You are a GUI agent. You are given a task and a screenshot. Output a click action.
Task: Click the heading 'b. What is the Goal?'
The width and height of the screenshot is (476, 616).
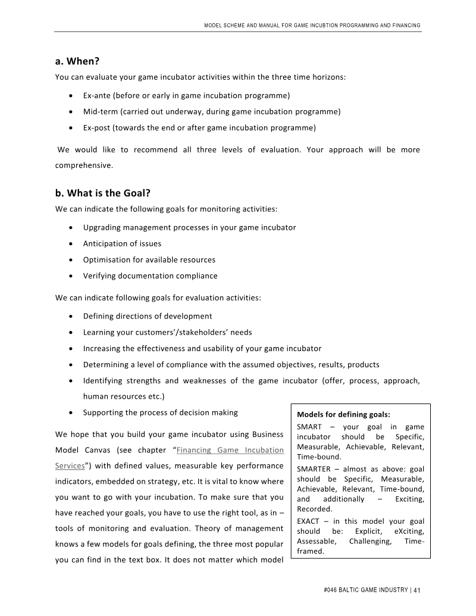102,193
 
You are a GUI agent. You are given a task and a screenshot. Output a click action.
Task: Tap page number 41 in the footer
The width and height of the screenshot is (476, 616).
416,590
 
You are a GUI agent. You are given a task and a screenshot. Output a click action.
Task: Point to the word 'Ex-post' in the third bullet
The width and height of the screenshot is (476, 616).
96,127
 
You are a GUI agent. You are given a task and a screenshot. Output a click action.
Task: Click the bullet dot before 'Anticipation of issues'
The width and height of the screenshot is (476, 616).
71,243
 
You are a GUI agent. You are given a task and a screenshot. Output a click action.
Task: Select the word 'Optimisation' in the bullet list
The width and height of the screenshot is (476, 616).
107,259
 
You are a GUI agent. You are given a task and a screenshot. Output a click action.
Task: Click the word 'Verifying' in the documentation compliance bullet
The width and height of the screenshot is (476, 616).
99,276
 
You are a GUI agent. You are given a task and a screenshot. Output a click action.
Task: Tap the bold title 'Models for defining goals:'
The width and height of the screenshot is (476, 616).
343,415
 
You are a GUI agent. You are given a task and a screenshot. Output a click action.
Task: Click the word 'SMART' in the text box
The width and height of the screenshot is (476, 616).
309,426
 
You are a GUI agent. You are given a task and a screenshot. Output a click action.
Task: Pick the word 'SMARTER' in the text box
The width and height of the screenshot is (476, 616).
314,469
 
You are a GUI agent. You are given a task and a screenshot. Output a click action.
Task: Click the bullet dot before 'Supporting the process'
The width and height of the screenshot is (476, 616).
71,412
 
